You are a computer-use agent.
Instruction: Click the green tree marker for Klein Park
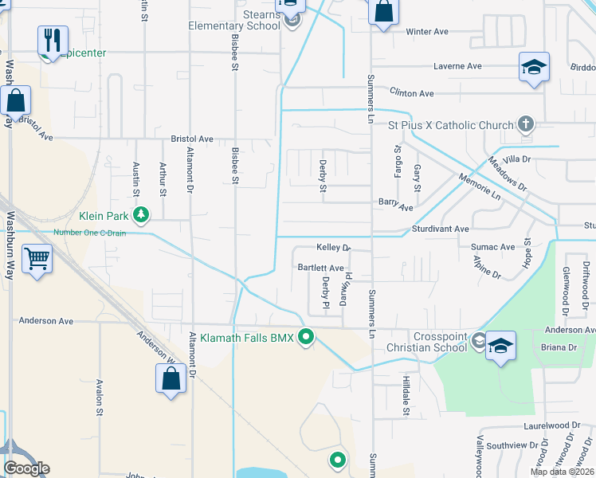[x=141, y=214]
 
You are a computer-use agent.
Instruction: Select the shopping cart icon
[x=37, y=259]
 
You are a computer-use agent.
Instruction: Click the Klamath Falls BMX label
[x=246, y=339]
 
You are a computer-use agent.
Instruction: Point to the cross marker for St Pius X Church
[x=525, y=124]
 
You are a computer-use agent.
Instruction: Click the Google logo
[x=25, y=468]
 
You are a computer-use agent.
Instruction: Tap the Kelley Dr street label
[x=333, y=248]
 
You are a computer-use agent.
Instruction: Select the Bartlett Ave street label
[x=320, y=268]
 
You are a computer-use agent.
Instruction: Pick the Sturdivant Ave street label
[x=440, y=229]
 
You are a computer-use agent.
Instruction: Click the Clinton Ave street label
[x=411, y=93]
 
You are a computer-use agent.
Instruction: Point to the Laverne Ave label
[x=458, y=66]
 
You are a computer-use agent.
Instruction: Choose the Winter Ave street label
[x=427, y=32]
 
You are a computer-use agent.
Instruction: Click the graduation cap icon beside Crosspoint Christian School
[x=500, y=345]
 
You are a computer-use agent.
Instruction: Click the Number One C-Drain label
[x=90, y=233]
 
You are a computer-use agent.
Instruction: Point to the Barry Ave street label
[x=395, y=207]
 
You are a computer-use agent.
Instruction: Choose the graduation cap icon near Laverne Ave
[x=534, y=67]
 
